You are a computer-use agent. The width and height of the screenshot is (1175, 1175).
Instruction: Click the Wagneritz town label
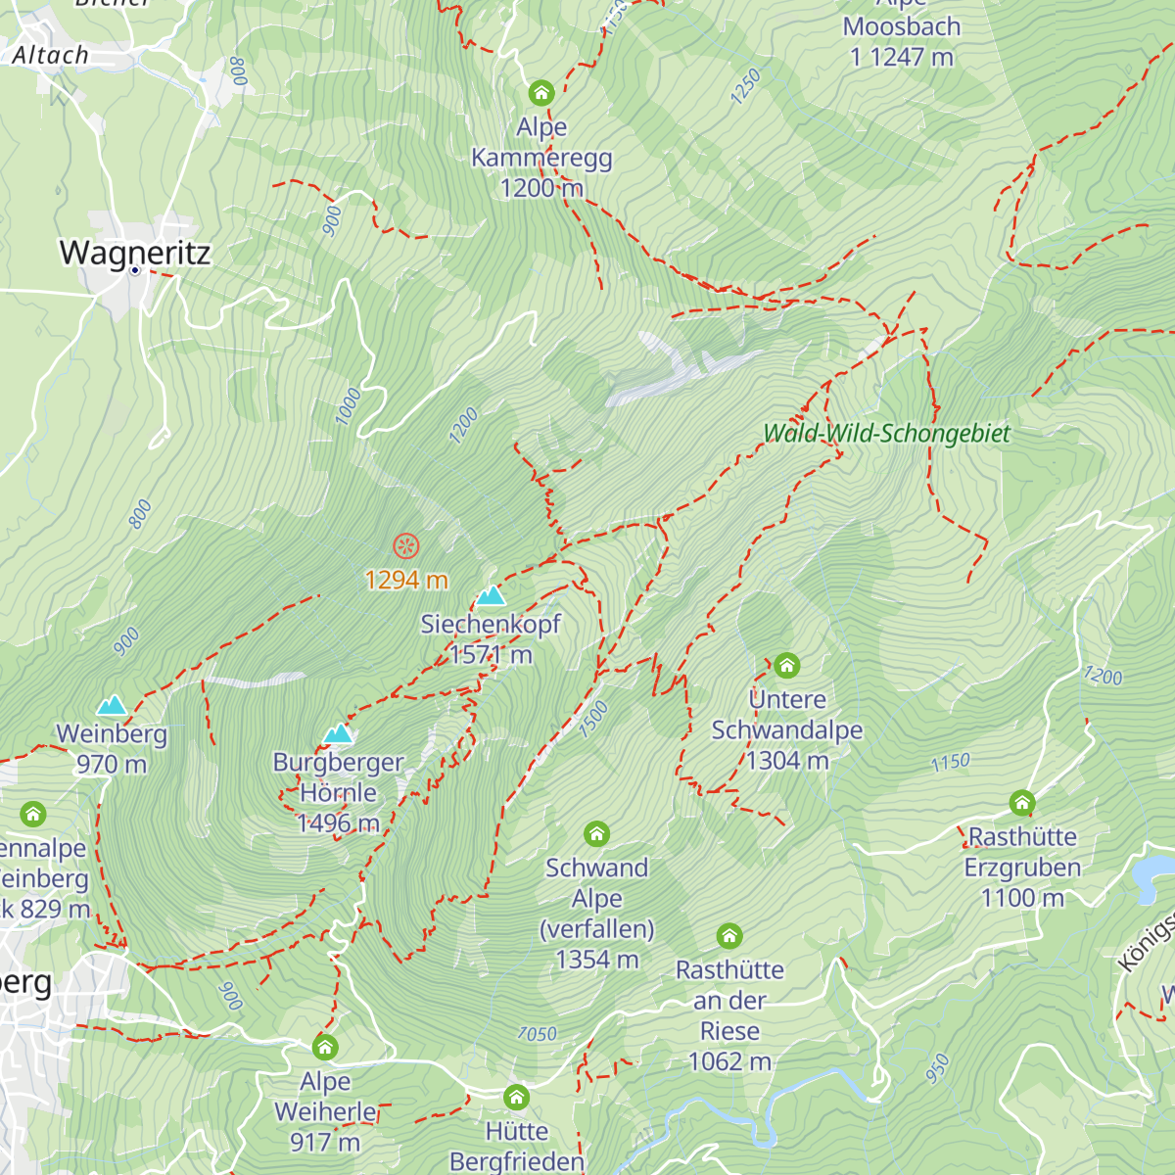coord(135,253)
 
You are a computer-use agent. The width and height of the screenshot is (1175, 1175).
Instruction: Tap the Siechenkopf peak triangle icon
coord(491,595)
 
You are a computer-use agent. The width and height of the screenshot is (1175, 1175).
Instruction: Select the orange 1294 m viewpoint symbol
coord(405,546)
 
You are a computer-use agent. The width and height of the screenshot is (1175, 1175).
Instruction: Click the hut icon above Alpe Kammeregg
coord(541,94)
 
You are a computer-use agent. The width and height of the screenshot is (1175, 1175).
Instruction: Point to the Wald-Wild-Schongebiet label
coord(886,433)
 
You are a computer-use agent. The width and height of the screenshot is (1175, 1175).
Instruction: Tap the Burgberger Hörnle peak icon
coord(339,733)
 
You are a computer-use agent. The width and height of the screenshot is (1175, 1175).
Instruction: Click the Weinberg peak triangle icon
coord(112,705)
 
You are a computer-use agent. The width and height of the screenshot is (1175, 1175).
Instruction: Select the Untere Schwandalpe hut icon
coord(786,667)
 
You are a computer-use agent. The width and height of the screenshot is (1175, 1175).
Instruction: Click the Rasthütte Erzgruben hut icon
coord(1022,804)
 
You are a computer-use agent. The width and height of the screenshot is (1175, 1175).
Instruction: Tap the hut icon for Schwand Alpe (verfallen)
coord(596,834)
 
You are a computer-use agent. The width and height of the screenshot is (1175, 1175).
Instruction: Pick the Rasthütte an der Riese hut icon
coord(729,936)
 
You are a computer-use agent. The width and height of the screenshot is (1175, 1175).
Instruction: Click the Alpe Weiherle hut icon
coord(325,1048)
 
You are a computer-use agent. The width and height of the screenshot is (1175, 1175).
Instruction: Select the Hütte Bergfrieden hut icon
coord(517,1098)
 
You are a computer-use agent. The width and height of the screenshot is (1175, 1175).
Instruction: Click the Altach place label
coord(51,56)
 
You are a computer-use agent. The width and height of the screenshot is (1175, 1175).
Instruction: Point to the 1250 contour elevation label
coord(745,87)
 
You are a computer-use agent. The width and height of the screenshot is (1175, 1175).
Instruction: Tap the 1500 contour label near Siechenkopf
coord(593,719)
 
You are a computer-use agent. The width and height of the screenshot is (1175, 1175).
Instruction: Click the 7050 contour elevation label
coord(537,1034)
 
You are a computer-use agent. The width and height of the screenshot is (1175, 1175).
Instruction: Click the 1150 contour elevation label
coord(950,762)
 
